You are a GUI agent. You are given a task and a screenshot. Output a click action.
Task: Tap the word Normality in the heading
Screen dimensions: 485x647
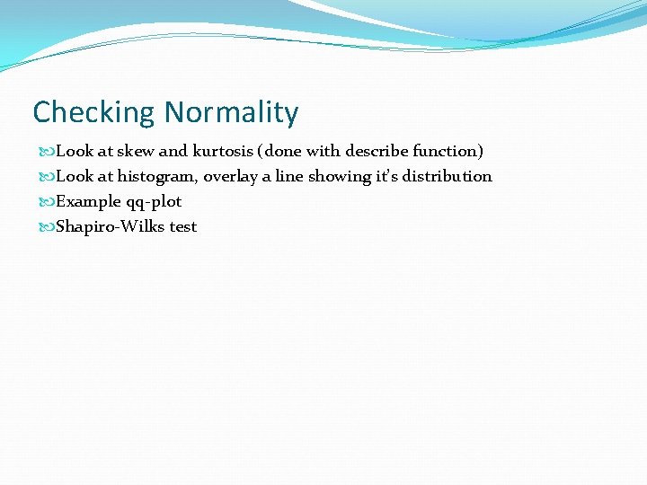click(x=231, y=113)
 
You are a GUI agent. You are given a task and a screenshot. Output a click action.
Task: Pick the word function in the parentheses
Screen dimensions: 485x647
click(x=448, y=151)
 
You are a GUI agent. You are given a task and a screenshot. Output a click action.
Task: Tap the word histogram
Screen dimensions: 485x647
click(x=156, y=176)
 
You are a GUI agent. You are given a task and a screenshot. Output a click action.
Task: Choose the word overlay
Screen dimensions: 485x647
click(x=231, y=176)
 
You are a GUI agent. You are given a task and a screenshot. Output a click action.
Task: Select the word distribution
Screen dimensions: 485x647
click(x=447, y=176)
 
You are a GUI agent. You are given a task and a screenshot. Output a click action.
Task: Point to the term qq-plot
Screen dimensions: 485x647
click(x=154, y=201)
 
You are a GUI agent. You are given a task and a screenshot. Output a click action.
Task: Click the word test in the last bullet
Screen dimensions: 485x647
click(x=183, y=226)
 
